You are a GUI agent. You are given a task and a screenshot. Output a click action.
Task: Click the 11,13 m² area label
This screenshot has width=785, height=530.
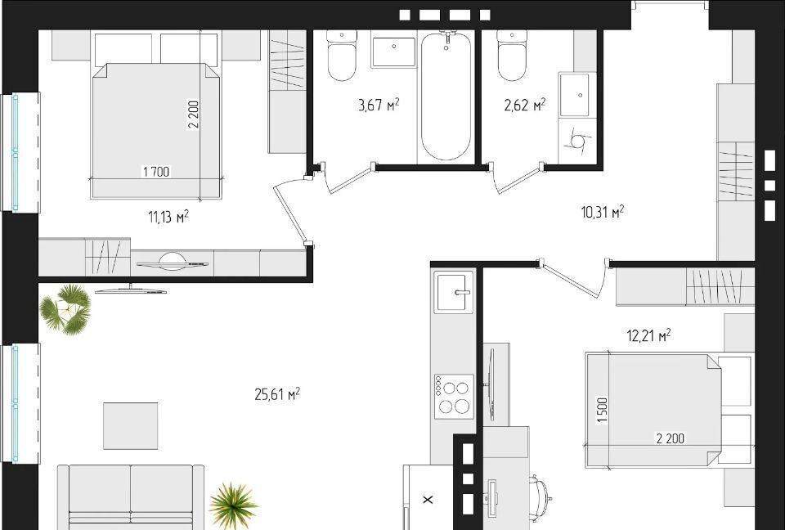point(168,217)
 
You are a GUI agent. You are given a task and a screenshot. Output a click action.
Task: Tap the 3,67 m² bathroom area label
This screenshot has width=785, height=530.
point(379,105)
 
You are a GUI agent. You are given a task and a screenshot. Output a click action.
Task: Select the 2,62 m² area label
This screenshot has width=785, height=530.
point(525,105)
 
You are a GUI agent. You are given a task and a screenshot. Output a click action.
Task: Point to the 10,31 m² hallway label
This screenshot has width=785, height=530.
point(603,212)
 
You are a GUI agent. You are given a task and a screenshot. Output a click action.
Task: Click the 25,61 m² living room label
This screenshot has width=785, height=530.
point(277,394)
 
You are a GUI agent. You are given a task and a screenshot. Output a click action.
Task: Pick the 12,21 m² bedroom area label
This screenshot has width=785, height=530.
point(648,335)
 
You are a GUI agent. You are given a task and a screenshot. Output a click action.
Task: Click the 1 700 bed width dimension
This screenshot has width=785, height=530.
point(156,172)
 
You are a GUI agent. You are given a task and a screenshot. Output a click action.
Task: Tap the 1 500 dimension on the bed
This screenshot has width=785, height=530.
point(603,411)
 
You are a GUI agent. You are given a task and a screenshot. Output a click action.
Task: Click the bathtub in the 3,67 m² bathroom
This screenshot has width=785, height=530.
point(446,96)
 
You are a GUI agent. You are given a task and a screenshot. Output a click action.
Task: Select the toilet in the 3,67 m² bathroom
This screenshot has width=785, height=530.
point(342,55)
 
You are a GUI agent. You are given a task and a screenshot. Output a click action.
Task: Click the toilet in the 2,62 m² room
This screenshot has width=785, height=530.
point(512,55)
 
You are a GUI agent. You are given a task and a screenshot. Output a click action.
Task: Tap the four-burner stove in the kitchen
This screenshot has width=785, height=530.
point(454,395)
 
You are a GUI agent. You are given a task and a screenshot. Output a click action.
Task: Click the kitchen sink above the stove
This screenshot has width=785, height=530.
point(454,293)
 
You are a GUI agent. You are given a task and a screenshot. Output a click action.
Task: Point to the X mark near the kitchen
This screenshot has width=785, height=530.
point(428,500)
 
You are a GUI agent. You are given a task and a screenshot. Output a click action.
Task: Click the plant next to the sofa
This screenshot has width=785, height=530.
point(233,506)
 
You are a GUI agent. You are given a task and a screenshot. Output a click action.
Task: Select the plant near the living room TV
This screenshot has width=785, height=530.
point(65,309)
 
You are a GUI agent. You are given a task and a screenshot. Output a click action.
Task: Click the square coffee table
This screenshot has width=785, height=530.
point(131,426)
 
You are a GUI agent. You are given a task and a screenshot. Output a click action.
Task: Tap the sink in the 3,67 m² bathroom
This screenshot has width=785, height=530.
point(393,52)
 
